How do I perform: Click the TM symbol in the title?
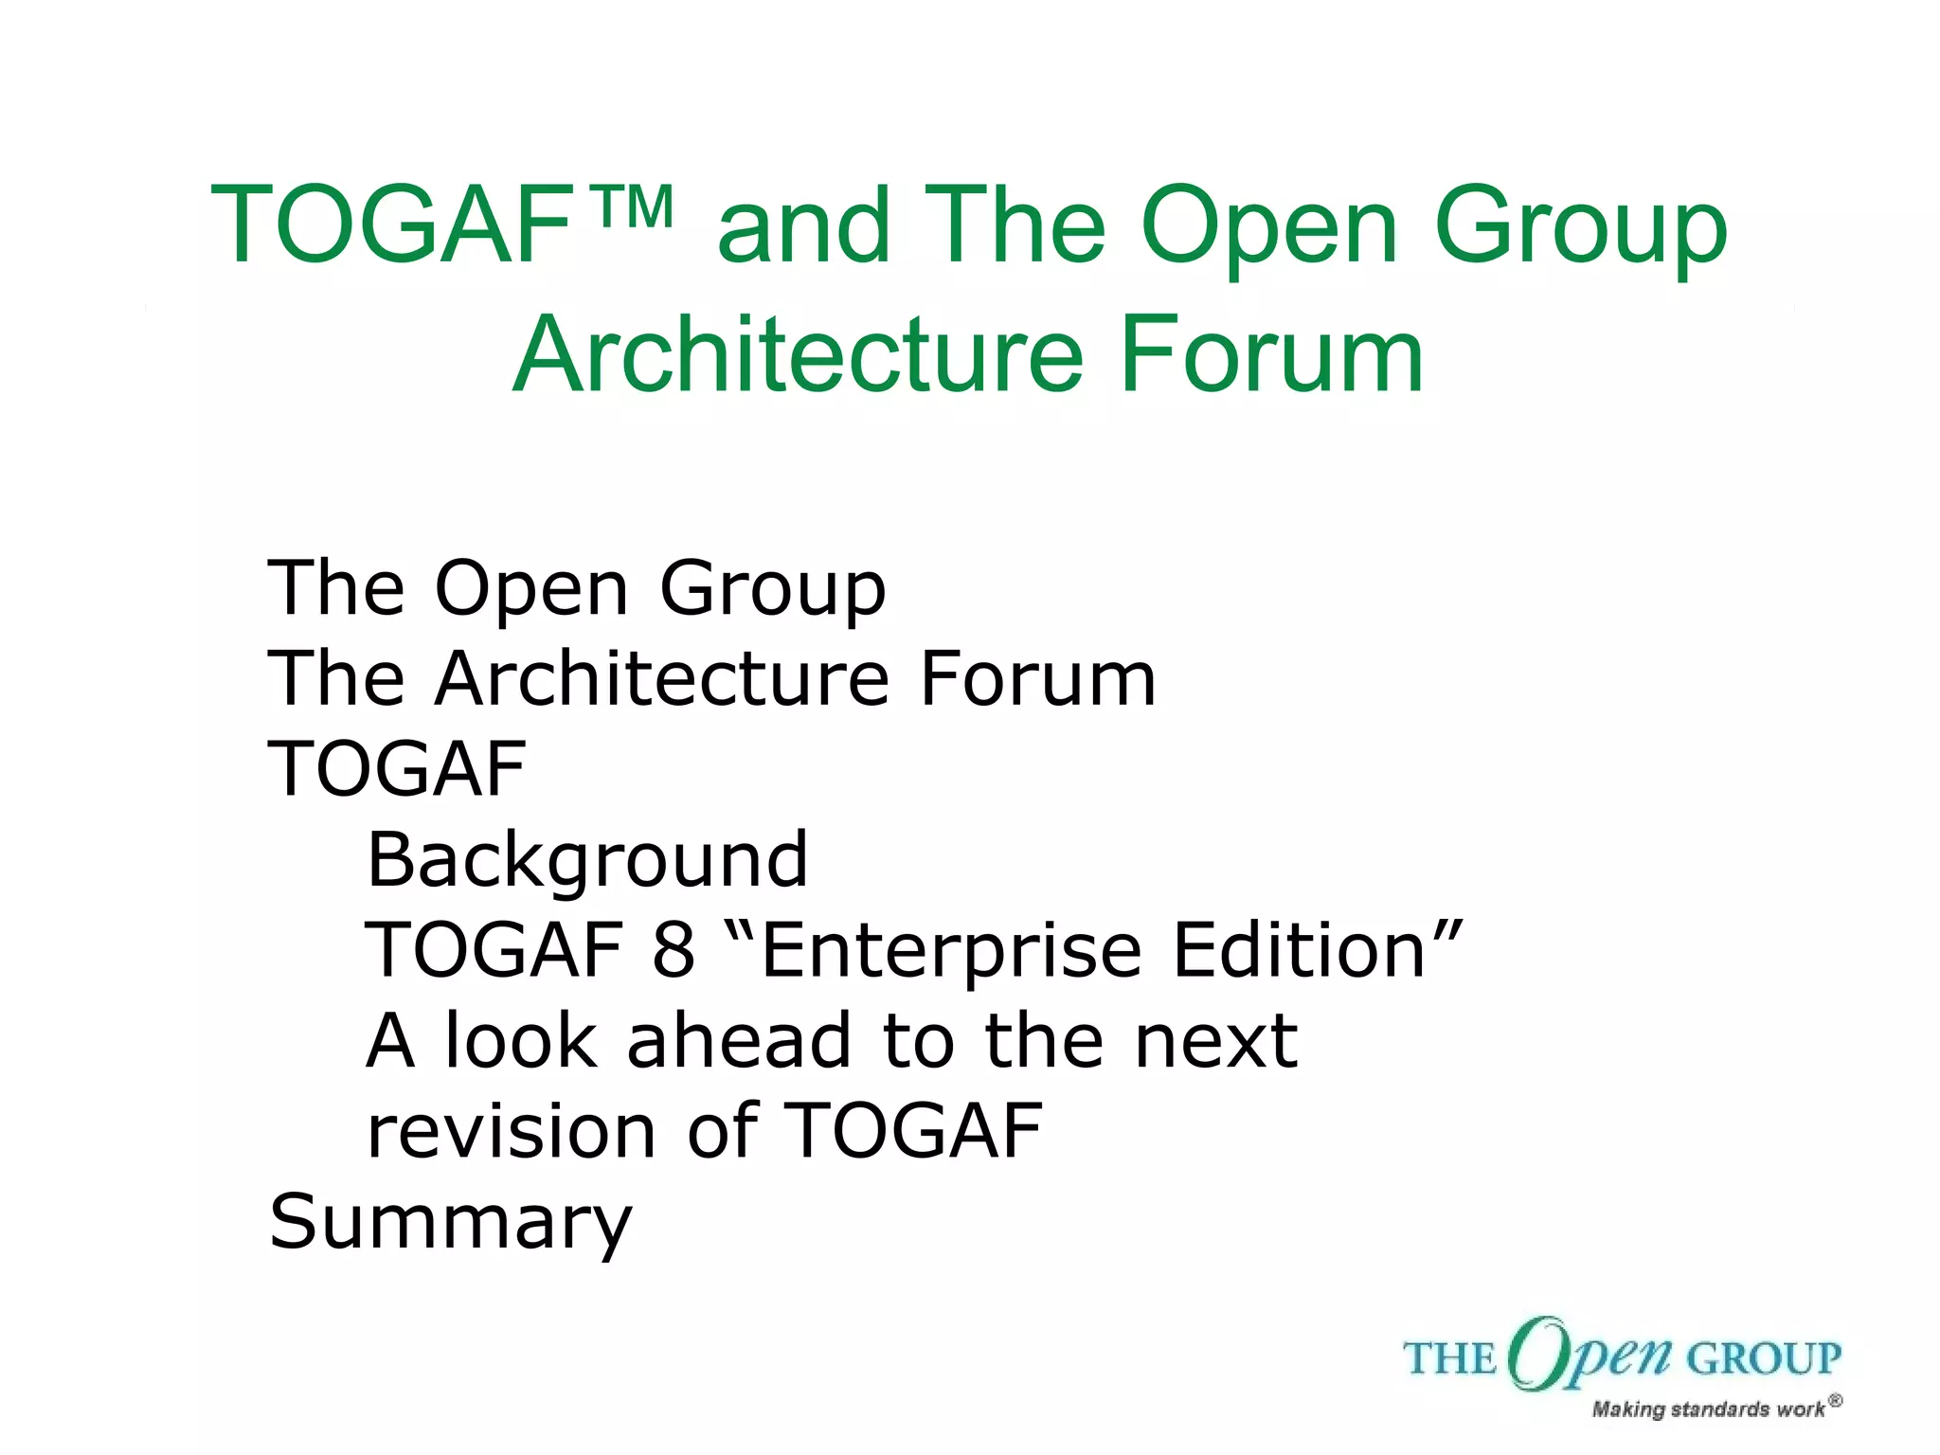click(636, 207)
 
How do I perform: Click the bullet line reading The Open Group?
click(577, 589)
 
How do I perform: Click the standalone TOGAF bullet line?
click(397, 769)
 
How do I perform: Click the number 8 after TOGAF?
click(673, 950)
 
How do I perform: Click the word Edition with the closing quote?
click(1317, 950)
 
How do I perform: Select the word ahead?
click(739, 1040)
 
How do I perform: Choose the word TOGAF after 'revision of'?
click(914, 1131)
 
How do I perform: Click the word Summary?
click(450, 1223)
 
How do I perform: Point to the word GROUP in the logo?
click(1764, 1359)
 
